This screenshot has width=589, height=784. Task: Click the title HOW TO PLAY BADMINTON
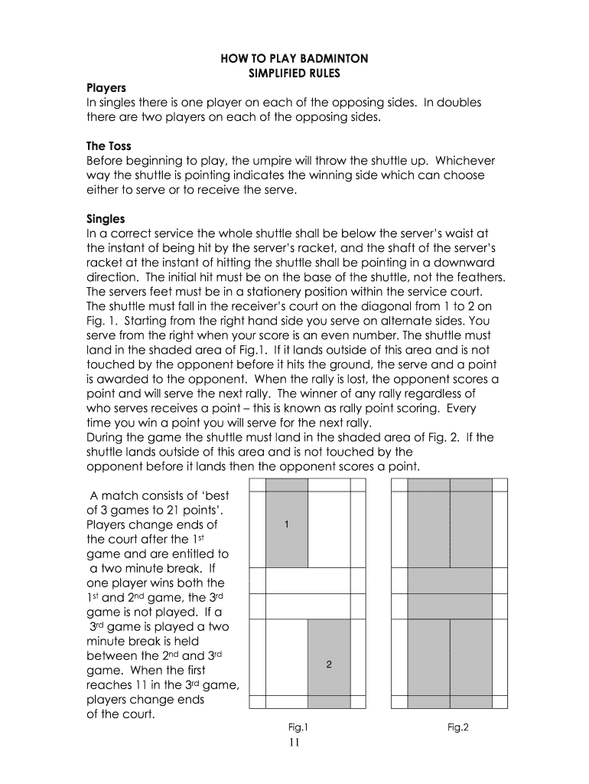pyautogui.click(x=294, y=58)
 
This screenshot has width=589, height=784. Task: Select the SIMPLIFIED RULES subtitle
pyautogui.click(x=294, y=73)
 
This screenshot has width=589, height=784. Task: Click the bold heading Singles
pyautogui.click(x=106, y=219)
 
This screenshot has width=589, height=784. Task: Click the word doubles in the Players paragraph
pyautogui.click(x=458, y=103)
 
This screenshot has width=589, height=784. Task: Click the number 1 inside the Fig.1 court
pyautogui.click(x=286, y=525)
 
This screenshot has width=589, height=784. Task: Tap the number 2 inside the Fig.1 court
pyautogui.click(x=329, y=665)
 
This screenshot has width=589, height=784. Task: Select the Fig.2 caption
pyautogui.click(x=458, y=727)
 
